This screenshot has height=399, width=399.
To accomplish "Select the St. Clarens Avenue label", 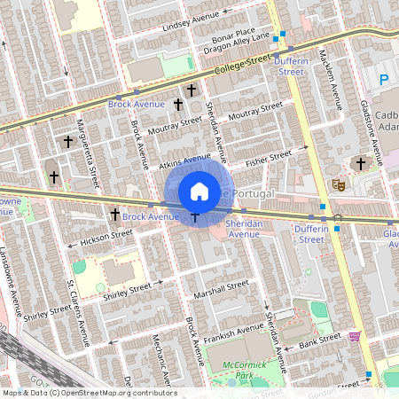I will tap(79, 313).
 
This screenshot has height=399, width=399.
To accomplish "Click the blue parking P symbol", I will tap(384, 80).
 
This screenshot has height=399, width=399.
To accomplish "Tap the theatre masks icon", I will tap(337, 184).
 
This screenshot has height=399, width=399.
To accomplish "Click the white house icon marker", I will tap(199, 192).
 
